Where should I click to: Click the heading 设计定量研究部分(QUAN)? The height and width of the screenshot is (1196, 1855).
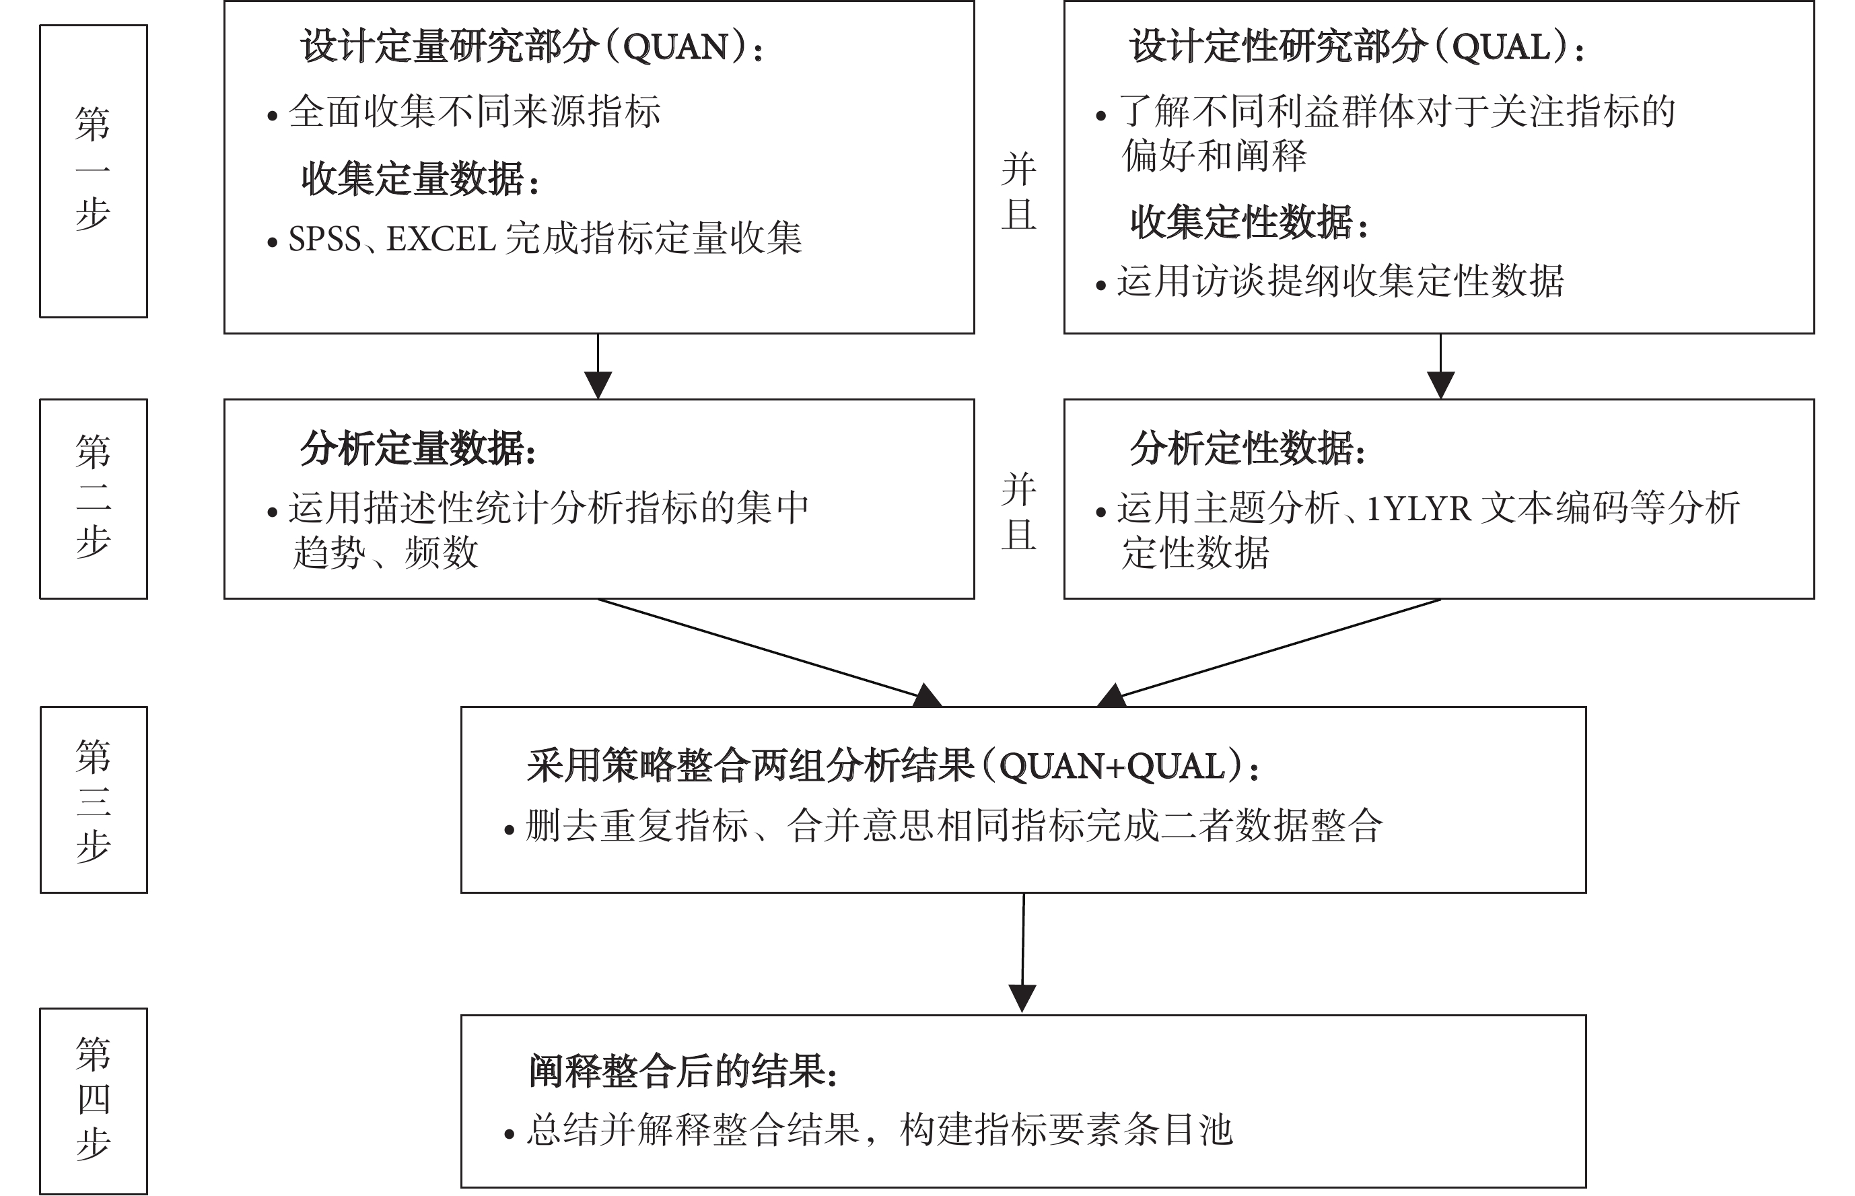(x=532, y=46)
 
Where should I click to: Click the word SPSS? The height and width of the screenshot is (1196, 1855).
(x=324, y=238)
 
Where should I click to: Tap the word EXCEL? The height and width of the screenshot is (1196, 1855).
(x=441, y=238)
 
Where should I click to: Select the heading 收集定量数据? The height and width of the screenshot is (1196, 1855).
(x=420, y=178)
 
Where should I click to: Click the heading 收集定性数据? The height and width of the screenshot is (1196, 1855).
(x=1249, y=222)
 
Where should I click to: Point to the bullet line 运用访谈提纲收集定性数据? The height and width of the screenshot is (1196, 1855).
(x=1329, y=281)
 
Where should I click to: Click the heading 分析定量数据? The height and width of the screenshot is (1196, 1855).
(x=419, y=449)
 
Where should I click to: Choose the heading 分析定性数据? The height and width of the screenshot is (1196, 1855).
(x=1248, y=449)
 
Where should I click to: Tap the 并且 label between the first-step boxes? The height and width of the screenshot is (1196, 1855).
(x=1019, y=191)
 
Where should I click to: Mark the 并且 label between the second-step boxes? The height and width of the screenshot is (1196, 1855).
(x=1019, y=512)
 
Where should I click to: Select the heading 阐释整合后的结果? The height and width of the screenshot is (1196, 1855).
(x=683, y=1071)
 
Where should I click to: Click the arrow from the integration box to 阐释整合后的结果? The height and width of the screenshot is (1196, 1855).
(x=1022, y=952)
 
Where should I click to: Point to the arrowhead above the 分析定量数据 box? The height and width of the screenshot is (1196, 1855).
(x=598, y=385)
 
